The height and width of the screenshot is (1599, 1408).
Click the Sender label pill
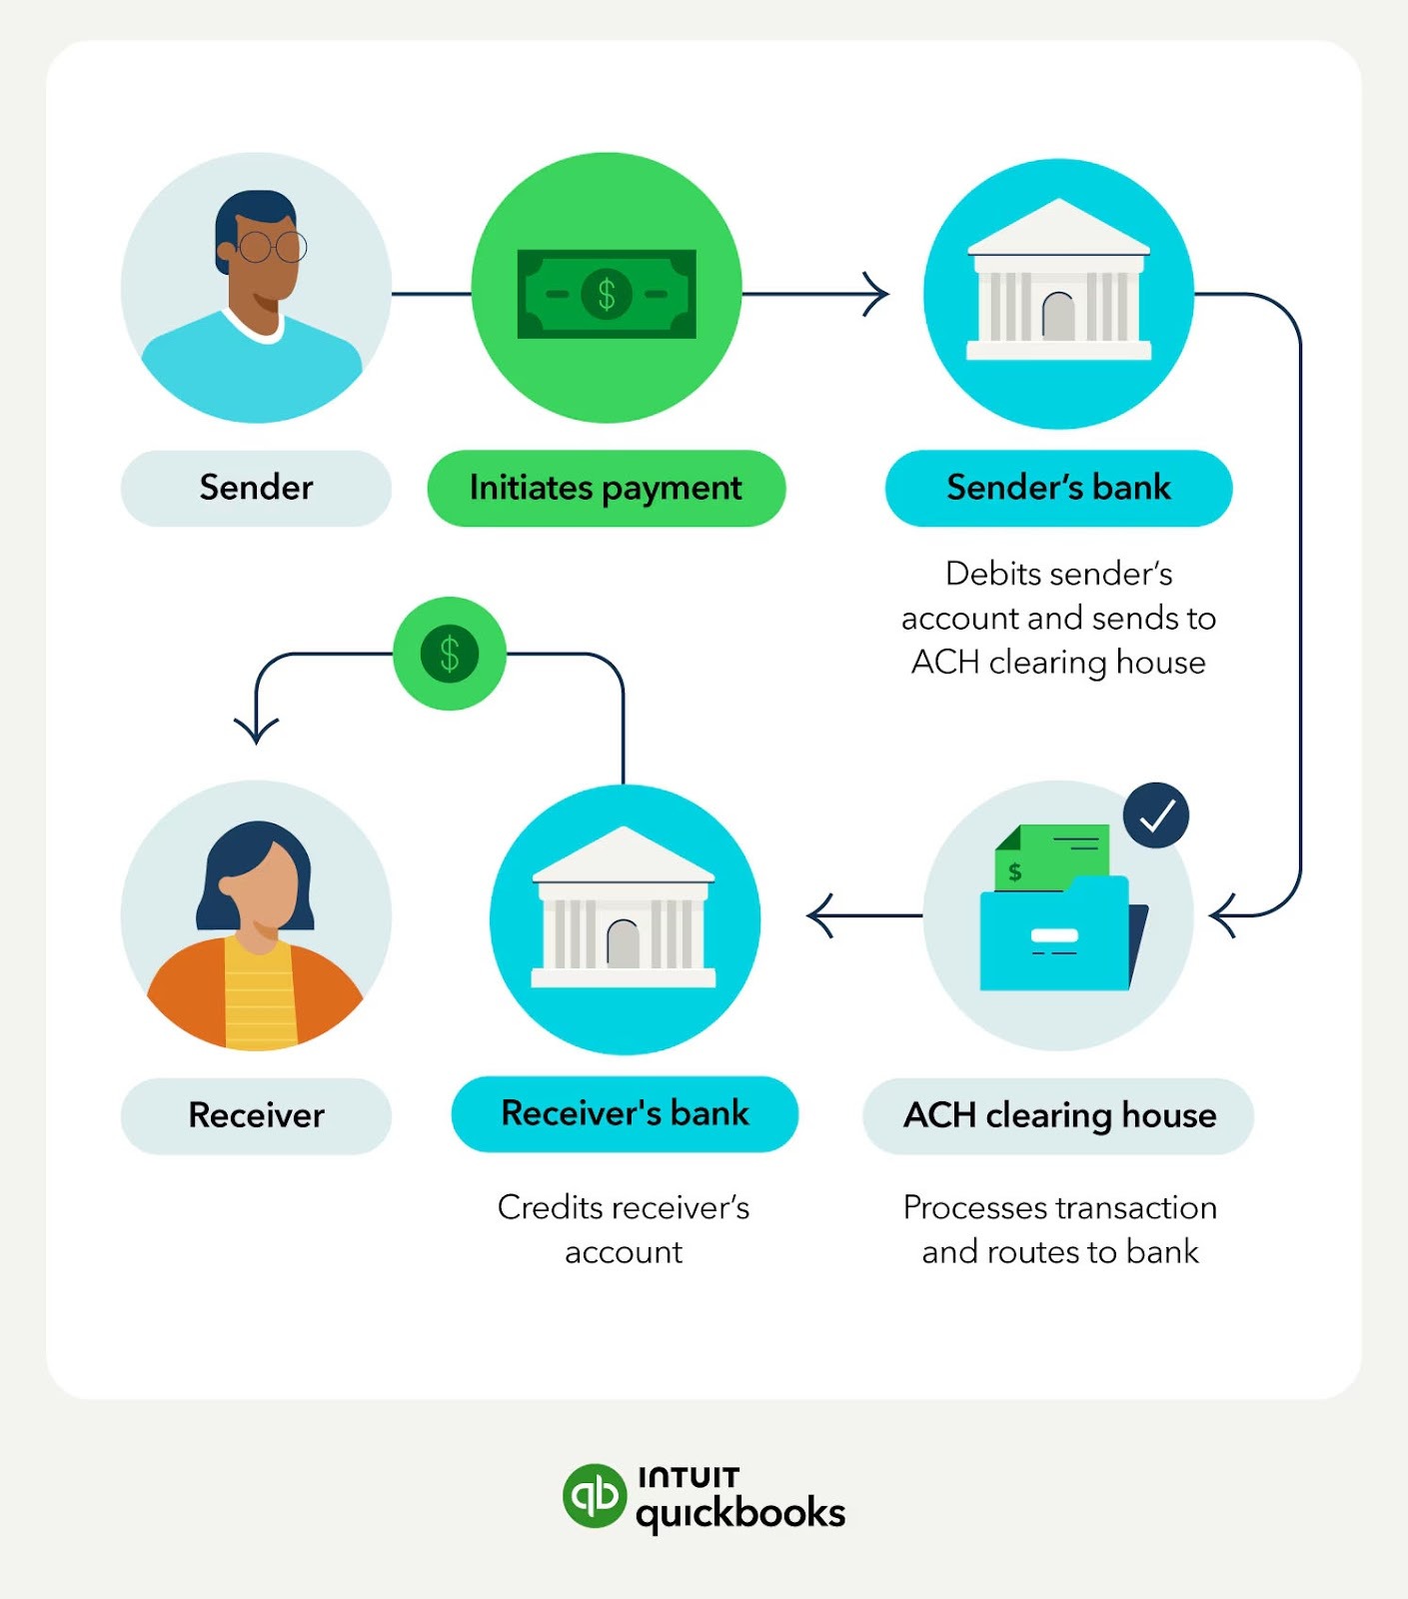(256, 488)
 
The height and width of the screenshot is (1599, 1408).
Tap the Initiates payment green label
(606, 488)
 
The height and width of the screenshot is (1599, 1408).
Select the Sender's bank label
(1058, 488)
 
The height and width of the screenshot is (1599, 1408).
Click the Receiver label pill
(256, 1115)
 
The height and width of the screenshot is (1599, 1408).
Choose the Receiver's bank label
(625, 1113)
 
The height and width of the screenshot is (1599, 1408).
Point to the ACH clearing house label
(1058, 1115)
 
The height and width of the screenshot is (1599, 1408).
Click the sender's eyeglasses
(272, 246)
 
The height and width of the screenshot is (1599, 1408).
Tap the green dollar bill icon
(606, 294)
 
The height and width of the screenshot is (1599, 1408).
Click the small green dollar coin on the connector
(450, 654)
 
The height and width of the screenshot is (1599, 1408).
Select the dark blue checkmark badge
(1156, 815)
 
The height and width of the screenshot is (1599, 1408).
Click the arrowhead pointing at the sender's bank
(876, 294)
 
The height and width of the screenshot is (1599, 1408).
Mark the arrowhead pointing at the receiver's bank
(820, 915)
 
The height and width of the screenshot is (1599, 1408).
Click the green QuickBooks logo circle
(594, 1496)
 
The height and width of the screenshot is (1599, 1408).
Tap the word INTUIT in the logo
(689, 1477)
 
